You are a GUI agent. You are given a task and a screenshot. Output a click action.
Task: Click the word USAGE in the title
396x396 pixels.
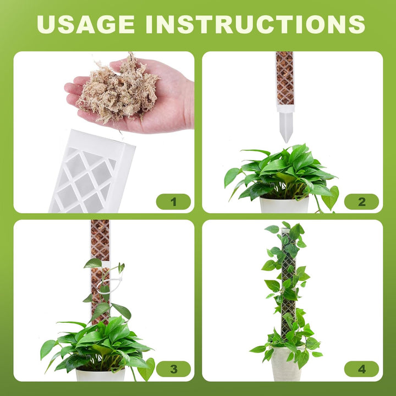point(87,24)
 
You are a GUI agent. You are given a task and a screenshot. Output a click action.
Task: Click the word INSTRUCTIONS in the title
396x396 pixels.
point(255,24)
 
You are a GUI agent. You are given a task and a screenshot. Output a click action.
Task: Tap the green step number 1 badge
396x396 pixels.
point(173,202)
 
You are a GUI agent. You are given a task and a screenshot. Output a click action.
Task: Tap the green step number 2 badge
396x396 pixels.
point(361,202)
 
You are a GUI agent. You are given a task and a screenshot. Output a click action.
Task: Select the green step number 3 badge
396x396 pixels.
point(173,369)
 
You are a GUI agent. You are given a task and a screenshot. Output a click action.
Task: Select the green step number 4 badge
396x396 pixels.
point(361,369)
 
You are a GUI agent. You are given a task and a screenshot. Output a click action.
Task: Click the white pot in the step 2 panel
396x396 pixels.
point(284,205)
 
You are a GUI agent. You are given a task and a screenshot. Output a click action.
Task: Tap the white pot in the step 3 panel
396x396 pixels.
point(100,375)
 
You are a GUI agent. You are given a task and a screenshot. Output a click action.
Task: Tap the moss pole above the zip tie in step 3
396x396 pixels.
point(100,242)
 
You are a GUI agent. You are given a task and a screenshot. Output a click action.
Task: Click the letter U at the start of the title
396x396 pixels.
point(48,24)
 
